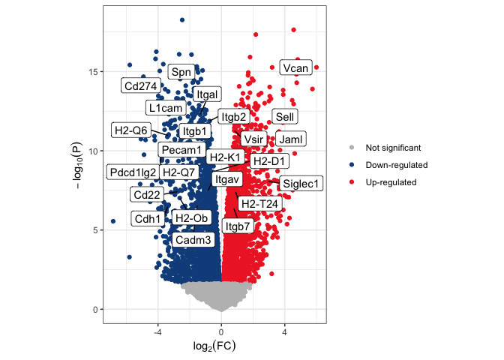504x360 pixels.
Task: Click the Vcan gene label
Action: [295, 67]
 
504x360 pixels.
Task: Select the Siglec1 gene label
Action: [301, 184]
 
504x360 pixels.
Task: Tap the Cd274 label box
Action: [140, 85]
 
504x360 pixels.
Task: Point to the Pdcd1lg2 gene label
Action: [133, 172]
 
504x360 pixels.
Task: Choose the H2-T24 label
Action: [259, 203]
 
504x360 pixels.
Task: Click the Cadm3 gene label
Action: [193, 239]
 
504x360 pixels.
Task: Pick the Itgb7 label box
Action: [238, 226]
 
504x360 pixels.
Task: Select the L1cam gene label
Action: [166, 108]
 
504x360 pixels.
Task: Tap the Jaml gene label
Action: [290, 139]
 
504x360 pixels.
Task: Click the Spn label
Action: [181, 72]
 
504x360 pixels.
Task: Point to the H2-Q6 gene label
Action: [131, 130]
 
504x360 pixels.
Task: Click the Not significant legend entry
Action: [393, 148]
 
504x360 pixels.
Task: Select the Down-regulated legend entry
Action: [396, 165]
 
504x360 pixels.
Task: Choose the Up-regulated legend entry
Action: [391, 182]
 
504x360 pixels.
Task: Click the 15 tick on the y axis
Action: [94, 71]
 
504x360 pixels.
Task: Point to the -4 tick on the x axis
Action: [157, 332]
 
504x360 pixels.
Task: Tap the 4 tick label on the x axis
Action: [284, 332]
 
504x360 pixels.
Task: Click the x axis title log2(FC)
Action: [214, 346]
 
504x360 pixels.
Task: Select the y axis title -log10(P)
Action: [78, 165]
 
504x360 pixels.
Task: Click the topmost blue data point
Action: [182, 20]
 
